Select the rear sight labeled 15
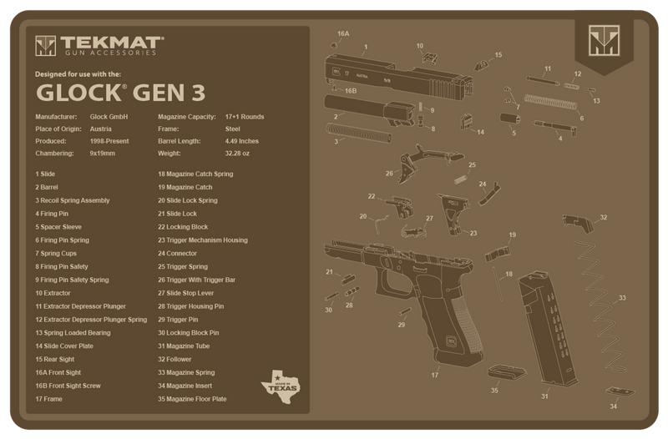483,62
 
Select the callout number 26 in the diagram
389,174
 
